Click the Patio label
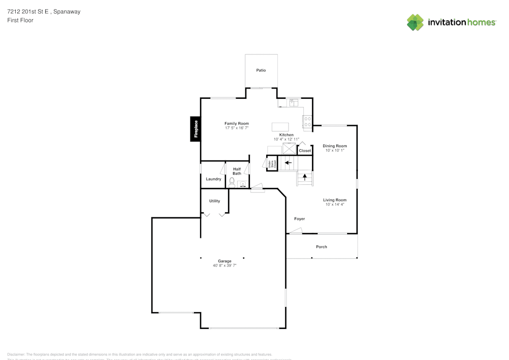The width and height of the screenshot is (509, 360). click(x=261, y=70)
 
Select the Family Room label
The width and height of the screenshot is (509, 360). click(x=237, y=124)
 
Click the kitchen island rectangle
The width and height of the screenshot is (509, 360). click(x=280, y=127)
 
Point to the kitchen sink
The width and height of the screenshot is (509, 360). click(x=293, y=103)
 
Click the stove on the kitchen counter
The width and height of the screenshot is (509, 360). click(x=307, y=121)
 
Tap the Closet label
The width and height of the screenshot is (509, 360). click(x=305, y=151)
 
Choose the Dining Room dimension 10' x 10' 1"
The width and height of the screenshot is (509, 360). click(x=335, y=150)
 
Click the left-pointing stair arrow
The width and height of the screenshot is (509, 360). click(x=288, y=163)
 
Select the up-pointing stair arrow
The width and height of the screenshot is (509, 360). click(x=305, y=177)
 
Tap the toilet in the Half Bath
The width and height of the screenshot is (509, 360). click(x=232, y=182)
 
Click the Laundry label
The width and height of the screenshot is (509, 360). click(x=213, y=179)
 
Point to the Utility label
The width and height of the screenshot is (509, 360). click(x=214, y=201)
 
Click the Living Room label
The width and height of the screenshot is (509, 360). click(x=335, y=200)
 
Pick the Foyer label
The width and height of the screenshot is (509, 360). click(x=299, y=219)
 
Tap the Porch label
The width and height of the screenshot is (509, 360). click(x=321, y=247)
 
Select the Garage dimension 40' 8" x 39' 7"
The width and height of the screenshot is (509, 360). click(x=224, y=265)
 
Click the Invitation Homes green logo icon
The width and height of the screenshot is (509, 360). click(x=415, y=22)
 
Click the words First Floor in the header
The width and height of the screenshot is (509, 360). click(x=20, y=20)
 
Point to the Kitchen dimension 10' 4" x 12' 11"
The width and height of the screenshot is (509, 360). click(x=286, y=139)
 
